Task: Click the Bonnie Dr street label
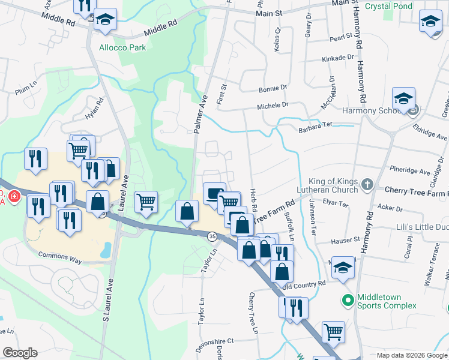click(273, 88)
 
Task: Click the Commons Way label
click(59, 255)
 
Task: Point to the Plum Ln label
click(22, 91)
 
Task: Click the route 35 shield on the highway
click(212, 237)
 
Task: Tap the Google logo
click(20, 352)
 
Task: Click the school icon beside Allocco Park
click(105, 20)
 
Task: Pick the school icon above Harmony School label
click(404, 97)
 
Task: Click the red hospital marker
click(13, 196)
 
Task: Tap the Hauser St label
click(345, 239)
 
